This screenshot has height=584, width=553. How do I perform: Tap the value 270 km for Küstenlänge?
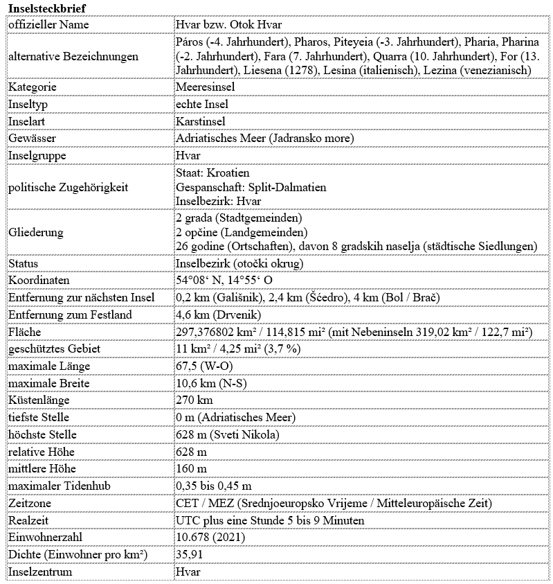194,400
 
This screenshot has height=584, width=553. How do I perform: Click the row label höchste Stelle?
42,434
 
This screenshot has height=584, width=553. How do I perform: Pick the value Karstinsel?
201,121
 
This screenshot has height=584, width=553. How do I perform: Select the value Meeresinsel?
206,87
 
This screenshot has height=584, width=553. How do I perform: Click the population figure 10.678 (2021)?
210,538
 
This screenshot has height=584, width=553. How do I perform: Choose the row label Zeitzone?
28,503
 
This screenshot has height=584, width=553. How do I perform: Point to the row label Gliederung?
35,232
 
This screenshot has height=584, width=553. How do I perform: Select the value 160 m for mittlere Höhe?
191,469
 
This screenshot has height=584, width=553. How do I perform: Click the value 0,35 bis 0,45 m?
214,486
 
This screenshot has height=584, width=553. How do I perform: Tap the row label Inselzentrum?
40,572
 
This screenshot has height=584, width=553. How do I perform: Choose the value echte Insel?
201,104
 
